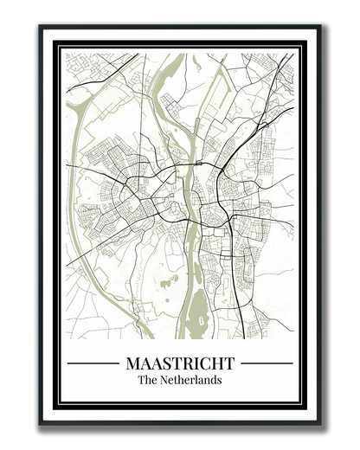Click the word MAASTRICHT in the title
pyautogui.click(x=180, y=363)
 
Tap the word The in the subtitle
pyautogui.click(x=147, y=380)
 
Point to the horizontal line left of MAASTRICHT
pyautogui.click(x=93, y=363)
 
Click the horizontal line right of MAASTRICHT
pyautogui.click(x=267, y=363)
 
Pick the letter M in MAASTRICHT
pyautogui.click(x=132, y=363)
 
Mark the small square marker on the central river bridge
pyautogui.click(x=200, y=164)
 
